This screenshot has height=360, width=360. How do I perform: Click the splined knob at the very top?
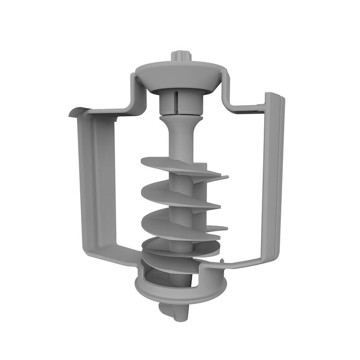182,57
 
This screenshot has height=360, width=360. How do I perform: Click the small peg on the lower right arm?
222,261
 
